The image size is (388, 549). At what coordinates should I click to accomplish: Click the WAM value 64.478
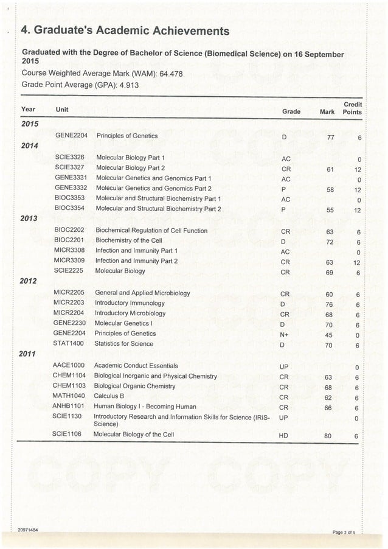(171, 74)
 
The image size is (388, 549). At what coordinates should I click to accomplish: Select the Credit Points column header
(352, 108)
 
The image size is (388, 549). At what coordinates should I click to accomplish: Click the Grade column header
(291, 112)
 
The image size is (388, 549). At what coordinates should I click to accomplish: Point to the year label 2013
(29, 219)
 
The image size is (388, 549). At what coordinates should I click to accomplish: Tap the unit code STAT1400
(69, 343)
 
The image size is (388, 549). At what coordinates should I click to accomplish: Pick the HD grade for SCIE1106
(283, 436)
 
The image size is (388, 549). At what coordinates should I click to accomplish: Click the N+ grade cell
(284, 334)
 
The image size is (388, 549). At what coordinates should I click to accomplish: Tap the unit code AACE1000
(69, 365)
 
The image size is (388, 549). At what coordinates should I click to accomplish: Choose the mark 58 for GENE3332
(330, 190)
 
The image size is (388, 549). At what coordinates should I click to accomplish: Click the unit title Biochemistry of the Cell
(128, 240)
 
